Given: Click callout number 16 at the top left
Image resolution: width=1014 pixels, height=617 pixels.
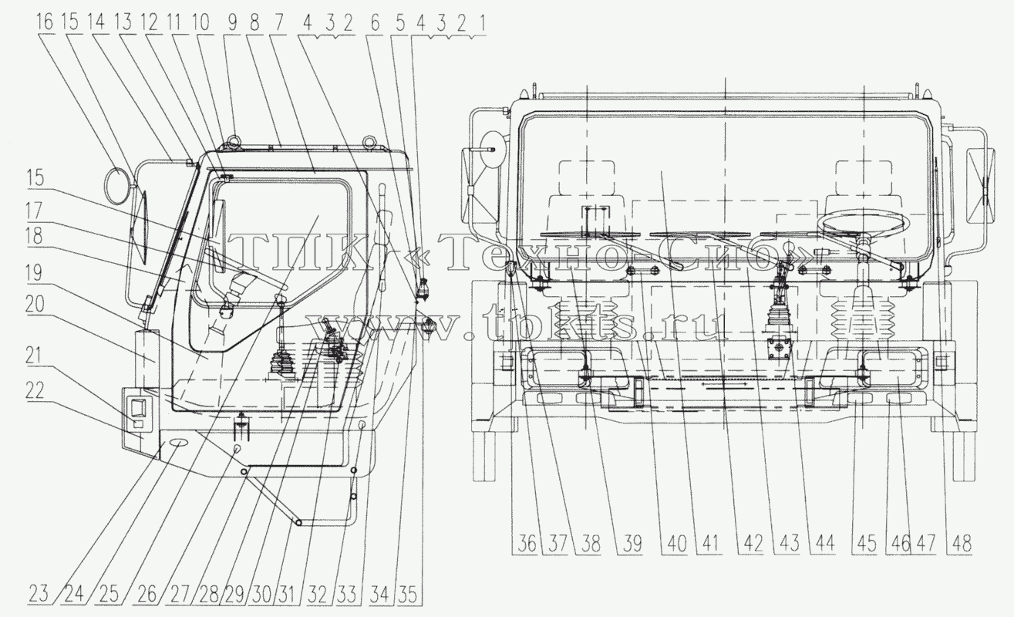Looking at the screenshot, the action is pos(45,22).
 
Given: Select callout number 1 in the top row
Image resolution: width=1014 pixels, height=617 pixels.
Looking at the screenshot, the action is pos(482,23).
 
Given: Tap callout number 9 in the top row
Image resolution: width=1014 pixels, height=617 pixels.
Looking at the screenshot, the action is pos(232,22).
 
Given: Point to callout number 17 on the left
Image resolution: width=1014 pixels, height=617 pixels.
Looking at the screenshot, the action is pos(34,211).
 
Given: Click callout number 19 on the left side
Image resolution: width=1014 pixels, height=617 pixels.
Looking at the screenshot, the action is pos(34,272).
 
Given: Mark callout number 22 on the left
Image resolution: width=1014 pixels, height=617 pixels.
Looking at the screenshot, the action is pos(35,389).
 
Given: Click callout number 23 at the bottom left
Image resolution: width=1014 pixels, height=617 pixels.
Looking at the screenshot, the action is pos(38,594).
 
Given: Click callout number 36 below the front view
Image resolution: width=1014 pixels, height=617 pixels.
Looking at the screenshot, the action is pos(526,543).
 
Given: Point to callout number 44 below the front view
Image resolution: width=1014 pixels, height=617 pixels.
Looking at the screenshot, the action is pos(824,543).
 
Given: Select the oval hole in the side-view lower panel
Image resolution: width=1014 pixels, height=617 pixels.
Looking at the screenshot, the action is pos(177,442).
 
